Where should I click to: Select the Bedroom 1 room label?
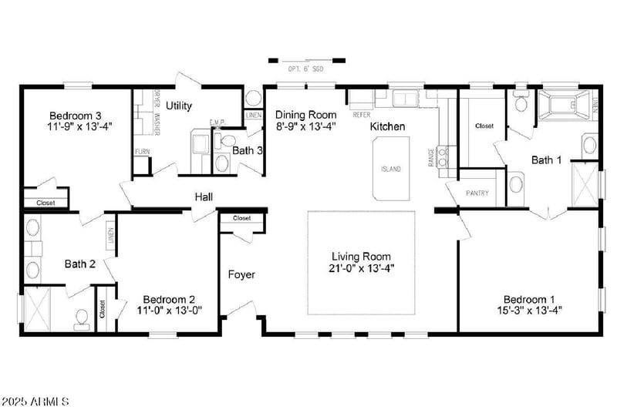point(529,300)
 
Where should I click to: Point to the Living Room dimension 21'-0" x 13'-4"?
point(361,268)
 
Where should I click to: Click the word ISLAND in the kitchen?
point(391,170)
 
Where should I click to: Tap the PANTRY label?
point(477,193)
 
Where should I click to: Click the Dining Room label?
point(306,115)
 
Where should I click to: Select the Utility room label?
point(179,106)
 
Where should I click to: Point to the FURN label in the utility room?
point(142,152)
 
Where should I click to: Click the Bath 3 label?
point(248,150)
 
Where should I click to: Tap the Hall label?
point(204,197)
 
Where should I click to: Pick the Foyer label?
point(241,274)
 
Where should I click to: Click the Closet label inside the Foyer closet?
point(241,218)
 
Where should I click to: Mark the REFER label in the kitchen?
point(361,115)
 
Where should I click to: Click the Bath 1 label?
point(546,160)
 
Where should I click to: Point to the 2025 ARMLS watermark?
point(36,402)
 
